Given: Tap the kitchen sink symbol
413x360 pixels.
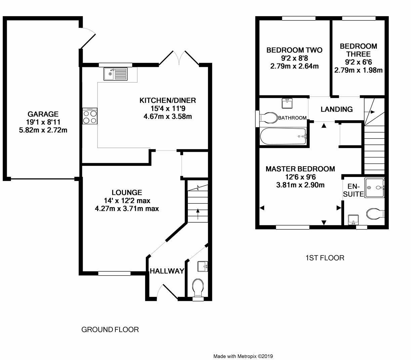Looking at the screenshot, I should pos(116,74).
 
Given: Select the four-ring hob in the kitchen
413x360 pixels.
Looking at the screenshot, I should pos(90,116).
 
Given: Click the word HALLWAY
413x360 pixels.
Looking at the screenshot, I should pos(167,271).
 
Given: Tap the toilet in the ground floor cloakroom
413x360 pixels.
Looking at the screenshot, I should pos(198,288).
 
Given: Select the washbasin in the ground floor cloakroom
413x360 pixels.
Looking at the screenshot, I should pos(203,266).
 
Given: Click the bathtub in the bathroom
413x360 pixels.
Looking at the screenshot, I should pos(283,136).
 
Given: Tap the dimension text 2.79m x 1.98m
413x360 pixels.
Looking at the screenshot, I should pos(359,70).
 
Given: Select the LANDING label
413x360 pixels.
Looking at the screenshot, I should pos(336,109).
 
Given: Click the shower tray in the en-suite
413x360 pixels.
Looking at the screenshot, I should pos(374,187).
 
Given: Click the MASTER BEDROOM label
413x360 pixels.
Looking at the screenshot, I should pos(300,169).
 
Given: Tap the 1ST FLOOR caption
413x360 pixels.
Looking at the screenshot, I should pos(325,258).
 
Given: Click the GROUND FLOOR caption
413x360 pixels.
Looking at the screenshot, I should pos(110,329).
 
